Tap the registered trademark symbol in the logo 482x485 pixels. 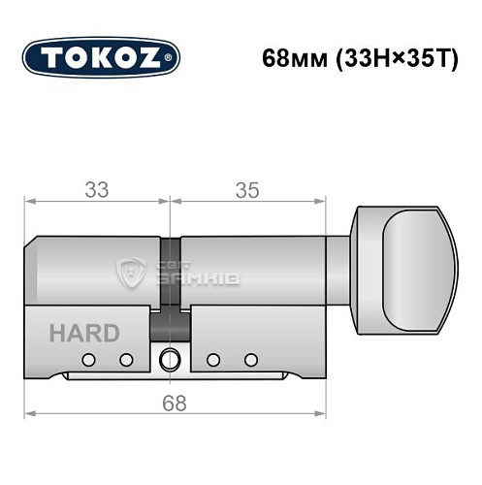[x=173, y=58]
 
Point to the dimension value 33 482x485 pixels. [x=97, y=191]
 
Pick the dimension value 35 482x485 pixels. [x=246, y=191]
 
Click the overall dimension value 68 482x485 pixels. [x=173, y=401]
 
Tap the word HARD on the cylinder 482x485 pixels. [x=84, y=334]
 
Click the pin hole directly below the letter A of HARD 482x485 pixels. [x=88, y=360]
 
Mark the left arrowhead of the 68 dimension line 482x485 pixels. [x=29, y=414]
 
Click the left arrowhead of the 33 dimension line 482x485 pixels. [x=29, y=203]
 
